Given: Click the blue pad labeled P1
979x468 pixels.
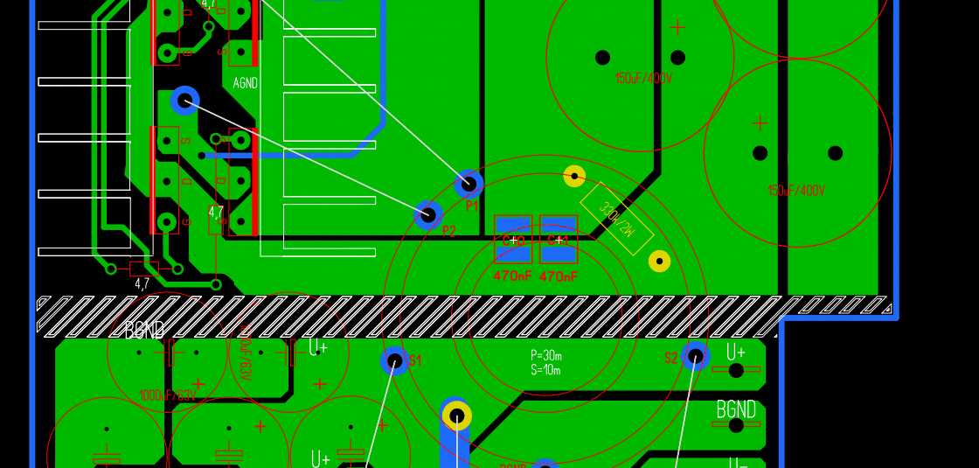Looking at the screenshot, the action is coord(469,184).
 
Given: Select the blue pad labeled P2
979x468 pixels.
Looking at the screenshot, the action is coord(427,214).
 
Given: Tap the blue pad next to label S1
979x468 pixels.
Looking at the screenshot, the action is coord(394,360).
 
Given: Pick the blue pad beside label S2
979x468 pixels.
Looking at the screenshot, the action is coord(695,356).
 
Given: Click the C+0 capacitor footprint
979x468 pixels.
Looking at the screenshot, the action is coord(513,239).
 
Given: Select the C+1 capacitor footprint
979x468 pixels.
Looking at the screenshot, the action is coord(559,239).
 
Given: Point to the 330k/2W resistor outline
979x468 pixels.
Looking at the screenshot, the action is coord(616,219).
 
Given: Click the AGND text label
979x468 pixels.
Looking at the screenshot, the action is coord(245,84).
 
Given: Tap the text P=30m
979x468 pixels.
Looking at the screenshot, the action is coord(545,355).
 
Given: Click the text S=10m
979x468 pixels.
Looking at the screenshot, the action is coord(545,370).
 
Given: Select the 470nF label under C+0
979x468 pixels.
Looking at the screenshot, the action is coord(512,276).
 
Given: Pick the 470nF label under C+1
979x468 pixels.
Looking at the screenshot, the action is coord(558,276).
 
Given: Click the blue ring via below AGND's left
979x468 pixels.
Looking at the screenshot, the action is coord(184,101).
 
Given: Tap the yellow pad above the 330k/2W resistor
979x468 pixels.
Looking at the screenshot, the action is coord(574,176).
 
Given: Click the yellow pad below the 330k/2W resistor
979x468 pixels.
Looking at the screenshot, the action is coord(659,261).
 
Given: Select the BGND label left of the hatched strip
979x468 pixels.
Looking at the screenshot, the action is coord(144,331).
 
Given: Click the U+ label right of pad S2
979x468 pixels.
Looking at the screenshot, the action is coord(736,352).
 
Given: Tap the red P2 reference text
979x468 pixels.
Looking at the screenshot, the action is coord(449,232).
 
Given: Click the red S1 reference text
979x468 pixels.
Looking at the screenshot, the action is coord(415,360).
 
